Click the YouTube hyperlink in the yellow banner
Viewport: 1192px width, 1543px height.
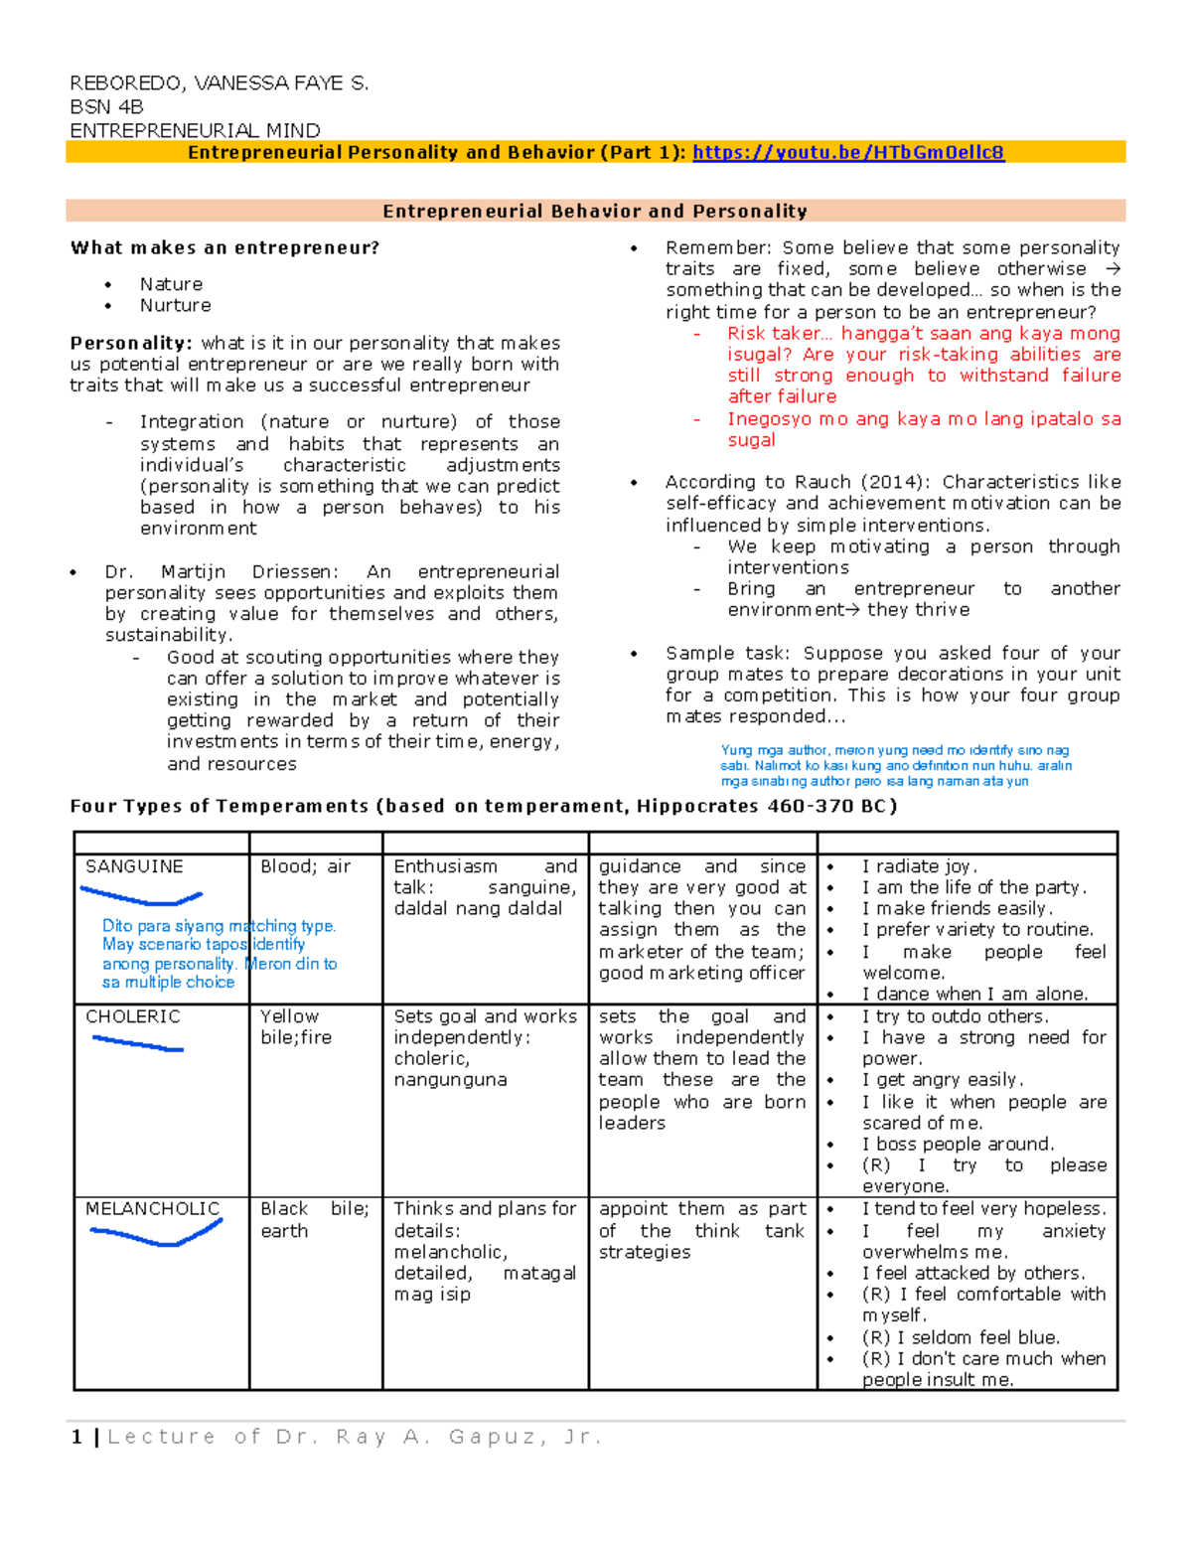(x=847, y=152)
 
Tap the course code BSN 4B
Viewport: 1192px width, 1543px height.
(x=106, y=106)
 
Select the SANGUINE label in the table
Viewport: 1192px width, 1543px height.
(x=134, y=866)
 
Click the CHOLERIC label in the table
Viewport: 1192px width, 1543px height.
(x=133, y=1016)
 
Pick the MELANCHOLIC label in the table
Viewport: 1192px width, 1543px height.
(x=152, y=1208)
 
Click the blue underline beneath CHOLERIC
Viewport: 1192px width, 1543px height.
(x=138, y=1044)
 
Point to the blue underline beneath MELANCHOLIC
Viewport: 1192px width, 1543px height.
(x=155, y=1236)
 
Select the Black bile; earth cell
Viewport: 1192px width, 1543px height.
(x=314, y=1219)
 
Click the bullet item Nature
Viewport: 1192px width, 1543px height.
(x=171, y=284)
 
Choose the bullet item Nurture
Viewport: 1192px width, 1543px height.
(x=175, y=305)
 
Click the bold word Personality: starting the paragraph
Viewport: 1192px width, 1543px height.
(x=130, y=343)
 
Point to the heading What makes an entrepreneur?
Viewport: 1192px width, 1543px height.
(x=224, y=247)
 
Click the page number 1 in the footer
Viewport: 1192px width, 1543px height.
(x=76, y=1437)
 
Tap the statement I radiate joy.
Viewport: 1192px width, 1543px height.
(x=919, y=866)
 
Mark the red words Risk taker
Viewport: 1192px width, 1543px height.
(x=774, y=334)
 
